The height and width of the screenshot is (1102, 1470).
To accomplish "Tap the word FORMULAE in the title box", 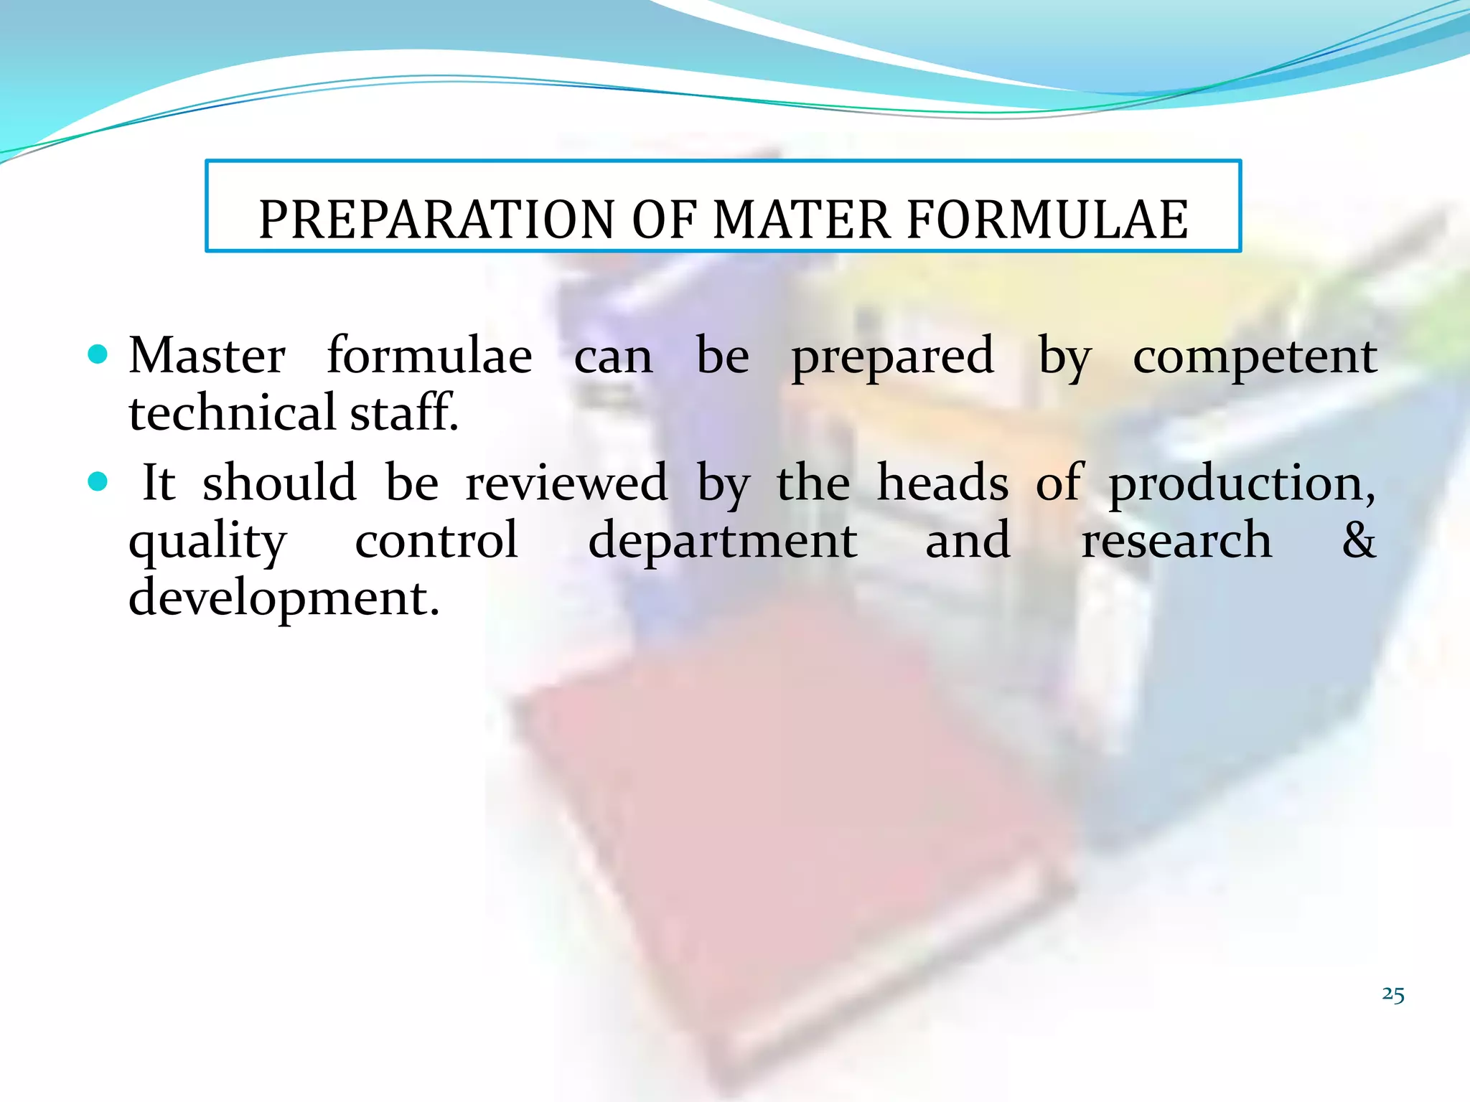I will [x=1047, y=220].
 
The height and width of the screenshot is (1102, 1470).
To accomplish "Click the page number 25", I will [x=1392, y=994].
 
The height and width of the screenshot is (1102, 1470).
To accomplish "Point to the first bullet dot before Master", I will [x=97, y=354].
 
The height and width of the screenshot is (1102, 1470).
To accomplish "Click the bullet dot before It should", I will [x=97, y=481].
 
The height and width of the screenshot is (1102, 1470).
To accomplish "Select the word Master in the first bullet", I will [x=207, y=356].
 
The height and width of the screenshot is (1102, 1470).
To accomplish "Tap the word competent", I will [x=1255, y=357].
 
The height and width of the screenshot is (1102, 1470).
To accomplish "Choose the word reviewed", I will [x=566, y=483].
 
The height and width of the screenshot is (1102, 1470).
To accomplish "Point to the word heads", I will [x=942, y=483].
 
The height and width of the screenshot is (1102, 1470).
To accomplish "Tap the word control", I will [x=436, y=540].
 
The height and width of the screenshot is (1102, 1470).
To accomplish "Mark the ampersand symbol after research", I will [x=1359, y=540].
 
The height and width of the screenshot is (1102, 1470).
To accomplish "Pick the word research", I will [x=1176, y=541].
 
